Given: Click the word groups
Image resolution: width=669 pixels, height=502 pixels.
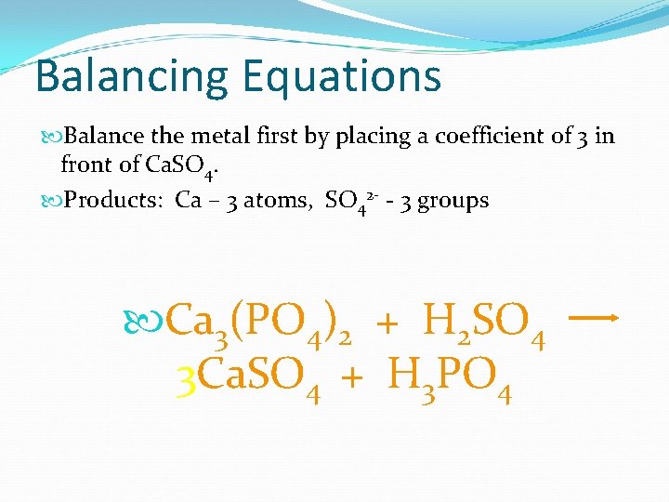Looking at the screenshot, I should pyautogui.click(x=453, y=201).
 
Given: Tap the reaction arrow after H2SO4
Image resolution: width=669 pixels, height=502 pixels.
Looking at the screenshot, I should pyautogui.click(x=593, y=318).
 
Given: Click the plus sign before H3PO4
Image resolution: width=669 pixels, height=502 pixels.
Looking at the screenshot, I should pyautogui.click(x=352, y=379).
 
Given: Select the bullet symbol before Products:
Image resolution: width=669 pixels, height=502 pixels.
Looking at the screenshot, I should pyautogui.click(x=50, y=201).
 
